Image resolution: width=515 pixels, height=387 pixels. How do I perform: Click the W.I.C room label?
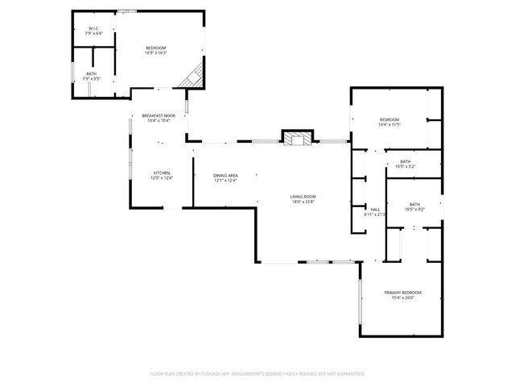pos(93,31)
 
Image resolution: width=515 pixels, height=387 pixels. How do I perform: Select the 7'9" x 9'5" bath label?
pos(92,76)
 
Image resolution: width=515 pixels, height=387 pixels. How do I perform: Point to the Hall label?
pos(375,210)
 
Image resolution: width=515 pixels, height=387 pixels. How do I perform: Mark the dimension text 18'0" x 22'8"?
pos(303,202)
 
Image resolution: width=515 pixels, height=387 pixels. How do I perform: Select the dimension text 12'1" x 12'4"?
pos(225,181)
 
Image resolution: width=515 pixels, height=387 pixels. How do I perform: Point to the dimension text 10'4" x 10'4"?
pos(158,121)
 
